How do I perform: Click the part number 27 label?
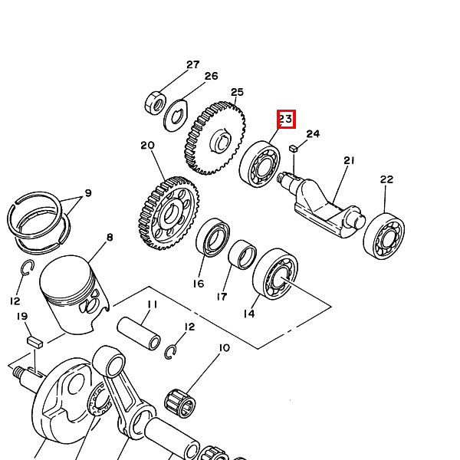pos(193,64)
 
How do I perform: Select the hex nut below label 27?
pos(155,103)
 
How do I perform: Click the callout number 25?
pos(237,92)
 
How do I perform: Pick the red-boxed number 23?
pos(286,119)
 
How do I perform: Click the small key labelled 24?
pos(294,148)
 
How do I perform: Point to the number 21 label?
pos(349,160)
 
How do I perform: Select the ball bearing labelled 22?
pos(384,236)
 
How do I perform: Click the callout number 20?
pos(147,145)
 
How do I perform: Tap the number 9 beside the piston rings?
pos(88,193)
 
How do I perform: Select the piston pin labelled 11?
pos(139,333)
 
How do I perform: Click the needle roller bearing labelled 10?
pos(180,403)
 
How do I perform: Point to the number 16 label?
pos(199,284)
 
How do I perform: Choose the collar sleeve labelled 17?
pos(242,255)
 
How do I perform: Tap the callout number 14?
pos(249,314)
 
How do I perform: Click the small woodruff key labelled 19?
pos(35,343)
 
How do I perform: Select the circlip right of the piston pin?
pos(170,352)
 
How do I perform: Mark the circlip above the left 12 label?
pos(28,268)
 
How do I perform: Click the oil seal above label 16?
pos(212,238)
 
